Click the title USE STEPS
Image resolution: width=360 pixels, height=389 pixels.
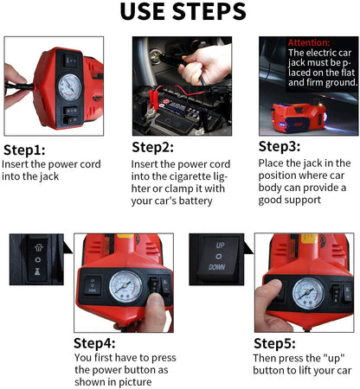(x=183, y=11)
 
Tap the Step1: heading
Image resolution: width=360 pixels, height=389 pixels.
(x=24, y=150)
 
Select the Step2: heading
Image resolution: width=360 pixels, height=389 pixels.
(x=153, y=147)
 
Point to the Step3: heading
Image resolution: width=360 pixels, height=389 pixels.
(x=280, y=146)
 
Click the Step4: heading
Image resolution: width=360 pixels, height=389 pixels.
(x=94, y=343)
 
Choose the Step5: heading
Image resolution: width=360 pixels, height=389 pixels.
(x=274, y=344)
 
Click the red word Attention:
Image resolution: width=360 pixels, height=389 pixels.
(x=309, y=42)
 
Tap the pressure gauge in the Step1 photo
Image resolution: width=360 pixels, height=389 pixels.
(x=70, y=87)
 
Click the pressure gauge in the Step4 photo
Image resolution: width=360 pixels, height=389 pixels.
(x=125, y=287)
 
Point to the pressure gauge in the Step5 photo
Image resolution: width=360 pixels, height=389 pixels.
(x=308, y=294)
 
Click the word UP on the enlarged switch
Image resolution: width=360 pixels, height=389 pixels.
(x=220, y=246)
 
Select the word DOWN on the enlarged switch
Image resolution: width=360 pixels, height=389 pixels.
(x=217, y=267)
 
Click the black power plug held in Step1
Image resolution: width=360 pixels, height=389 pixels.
(x=19, y=86)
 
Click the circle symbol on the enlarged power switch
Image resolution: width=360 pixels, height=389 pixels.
(x=37, y=260)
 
